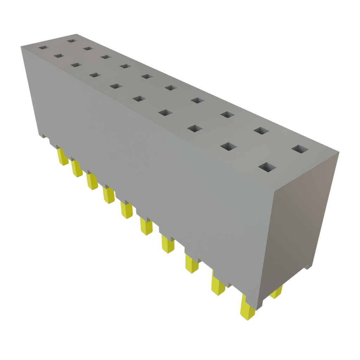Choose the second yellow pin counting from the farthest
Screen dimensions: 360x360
(x=77, y=169)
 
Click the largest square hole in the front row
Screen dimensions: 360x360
(x=267, y=167)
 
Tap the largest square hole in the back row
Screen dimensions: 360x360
(x=300, y=149)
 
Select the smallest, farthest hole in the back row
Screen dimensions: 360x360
(x=72, y=41)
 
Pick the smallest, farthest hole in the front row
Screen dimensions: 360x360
(x=43, y=47)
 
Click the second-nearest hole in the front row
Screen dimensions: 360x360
(x=229, y=146)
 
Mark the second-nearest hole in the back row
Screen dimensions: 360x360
(x=261, y=130)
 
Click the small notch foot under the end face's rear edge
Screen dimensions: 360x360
(x=308, y=267)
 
